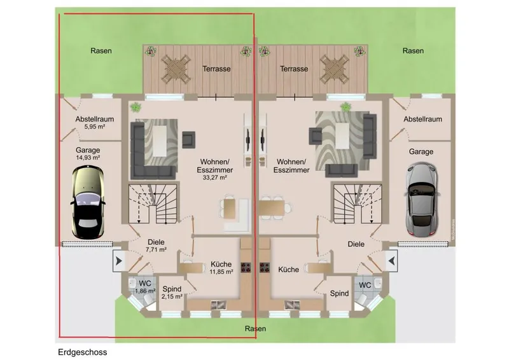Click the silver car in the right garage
[x=422, y=198]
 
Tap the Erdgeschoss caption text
[x=83, y=352]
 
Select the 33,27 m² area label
[x=215, y=177]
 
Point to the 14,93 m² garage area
[x=88, y=158]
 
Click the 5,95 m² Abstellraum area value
[x=95, y=127]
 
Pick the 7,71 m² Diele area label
[x=156, y=249]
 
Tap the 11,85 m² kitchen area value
[x=221, y=272]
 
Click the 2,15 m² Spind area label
[x=172, y=296]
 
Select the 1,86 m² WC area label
[x=145, y=291]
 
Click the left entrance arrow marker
[x=118, y=261]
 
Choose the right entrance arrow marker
[x=392, y=261]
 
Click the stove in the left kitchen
[x=246, y=267]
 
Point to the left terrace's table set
[x=176, y=69]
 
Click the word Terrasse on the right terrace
[x=294, y=69]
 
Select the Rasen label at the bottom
[x=256, y=329]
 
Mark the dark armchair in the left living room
[x=188, y=139]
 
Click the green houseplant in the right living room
[x=346, y=106]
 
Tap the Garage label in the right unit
[x=421, y=151]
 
